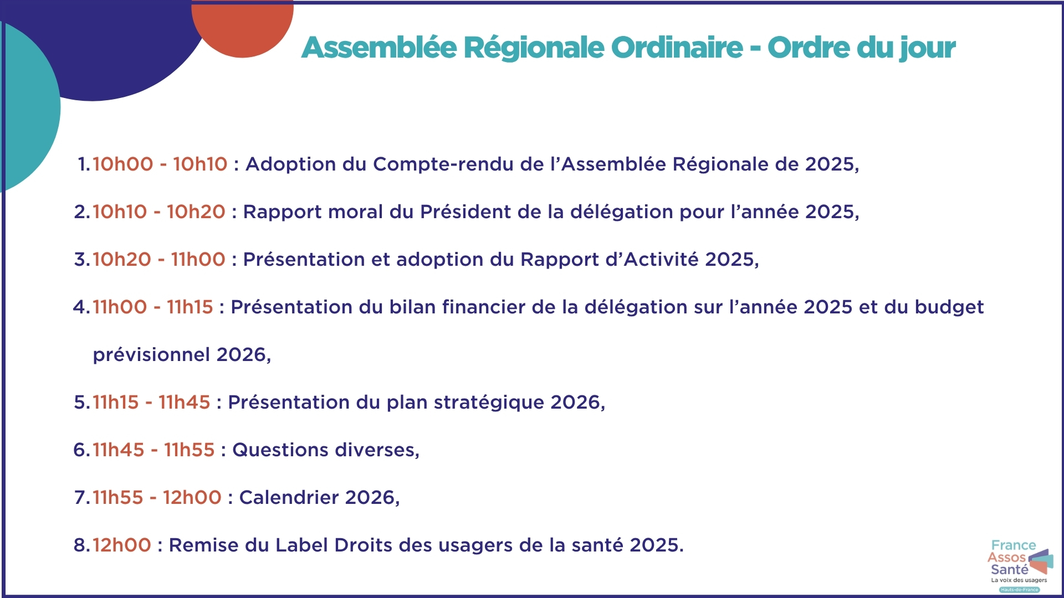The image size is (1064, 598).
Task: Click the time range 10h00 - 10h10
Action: [160, 164]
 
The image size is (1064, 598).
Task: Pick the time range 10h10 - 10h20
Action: [158, 212]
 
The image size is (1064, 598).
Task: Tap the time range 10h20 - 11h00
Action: [158, 259]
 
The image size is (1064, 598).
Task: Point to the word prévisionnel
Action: [151, 355]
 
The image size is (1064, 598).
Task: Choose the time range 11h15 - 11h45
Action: [151, 402]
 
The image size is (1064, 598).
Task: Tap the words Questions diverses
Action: [325, 450]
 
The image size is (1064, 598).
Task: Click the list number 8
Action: [80, 545]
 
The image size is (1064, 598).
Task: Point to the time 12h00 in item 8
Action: [121, 545]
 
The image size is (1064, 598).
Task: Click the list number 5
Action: [80, 402]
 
